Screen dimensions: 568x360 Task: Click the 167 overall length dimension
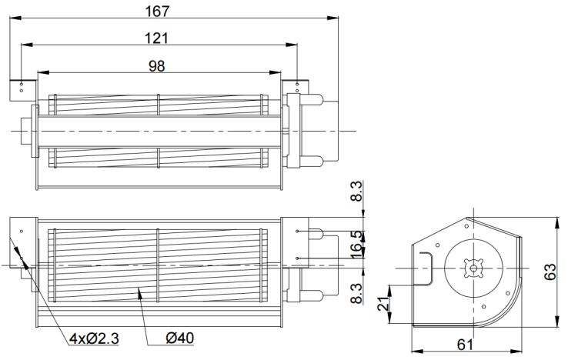click(x=157, y=12)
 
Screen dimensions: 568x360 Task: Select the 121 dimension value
click(x=156, y=38)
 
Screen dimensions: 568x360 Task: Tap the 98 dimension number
click(x=156, y=66)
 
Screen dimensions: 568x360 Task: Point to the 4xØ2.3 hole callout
click(x=94, y=338)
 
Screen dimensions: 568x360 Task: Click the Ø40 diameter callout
click(x=180, y=338)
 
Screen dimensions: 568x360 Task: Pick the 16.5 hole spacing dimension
click(x=357, y=245)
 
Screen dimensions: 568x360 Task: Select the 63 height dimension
click(x=550, y=272)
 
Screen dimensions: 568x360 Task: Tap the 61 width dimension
click(x=465, y=345)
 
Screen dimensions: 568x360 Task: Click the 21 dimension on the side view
click(x=383, y=304)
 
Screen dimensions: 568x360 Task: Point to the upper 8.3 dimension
click(x=357, y=191)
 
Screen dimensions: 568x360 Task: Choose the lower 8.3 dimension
click(x=357, y=293)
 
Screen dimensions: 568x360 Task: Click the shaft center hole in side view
click(x=473, y=268)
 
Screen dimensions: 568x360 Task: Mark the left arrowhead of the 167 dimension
click(x=15, y=18)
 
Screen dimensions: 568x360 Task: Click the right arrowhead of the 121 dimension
click(x=292, y=45)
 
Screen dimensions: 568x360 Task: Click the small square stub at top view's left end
click(x=26, y=131)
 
